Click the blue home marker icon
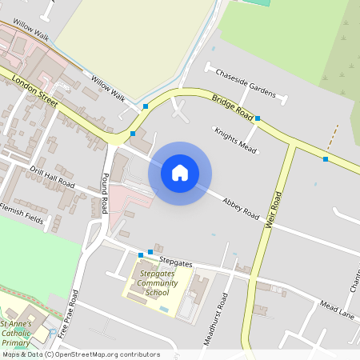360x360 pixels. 180,172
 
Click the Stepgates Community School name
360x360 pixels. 157,283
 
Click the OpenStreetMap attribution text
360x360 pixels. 80,354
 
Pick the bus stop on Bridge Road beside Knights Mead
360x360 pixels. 258,118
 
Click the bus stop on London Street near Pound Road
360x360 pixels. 133,134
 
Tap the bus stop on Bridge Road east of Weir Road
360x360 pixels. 326,159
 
